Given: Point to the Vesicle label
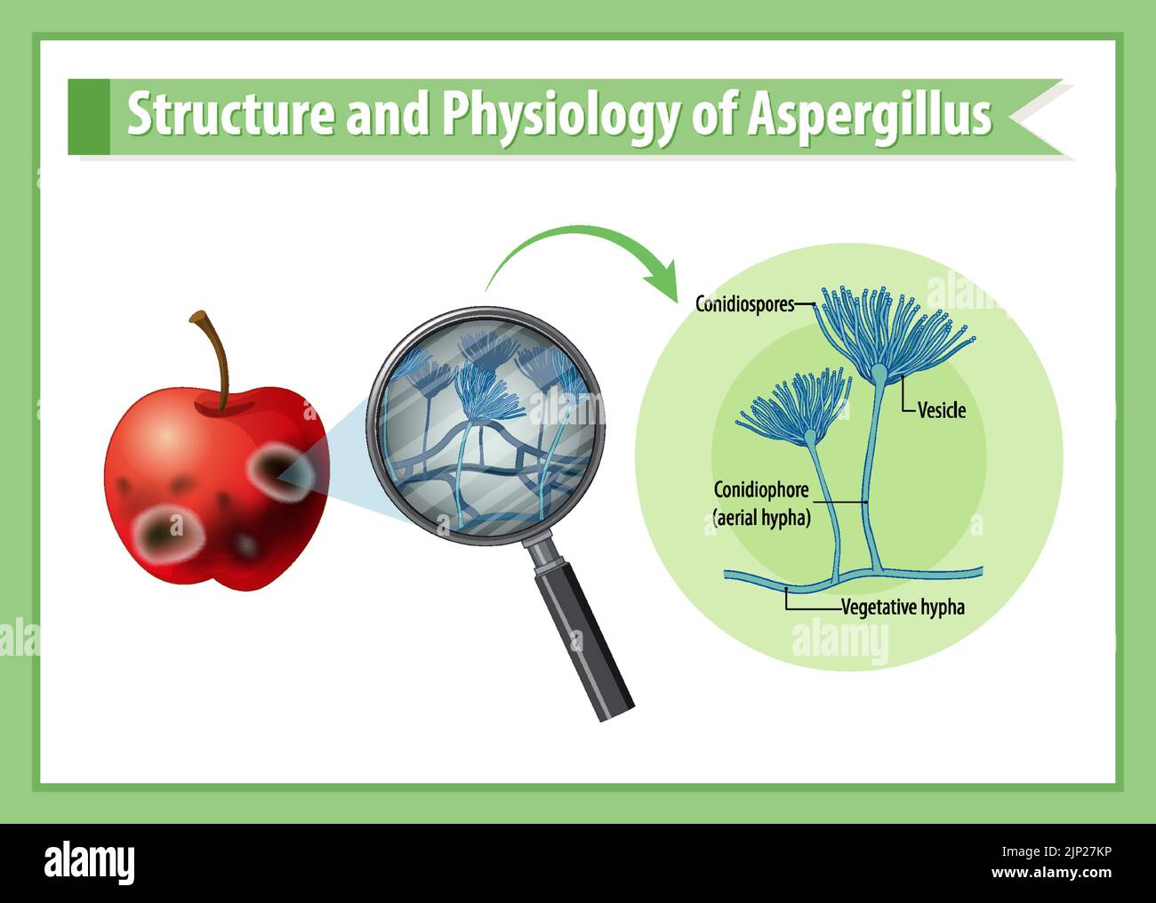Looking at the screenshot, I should (x=941, y=411).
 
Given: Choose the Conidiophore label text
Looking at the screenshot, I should (x=761, y=489).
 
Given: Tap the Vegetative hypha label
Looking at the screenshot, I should (x=903, y=609).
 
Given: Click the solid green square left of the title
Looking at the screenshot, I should (x=88, y=117).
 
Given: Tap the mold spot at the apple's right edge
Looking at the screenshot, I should (x=277, y=471).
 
